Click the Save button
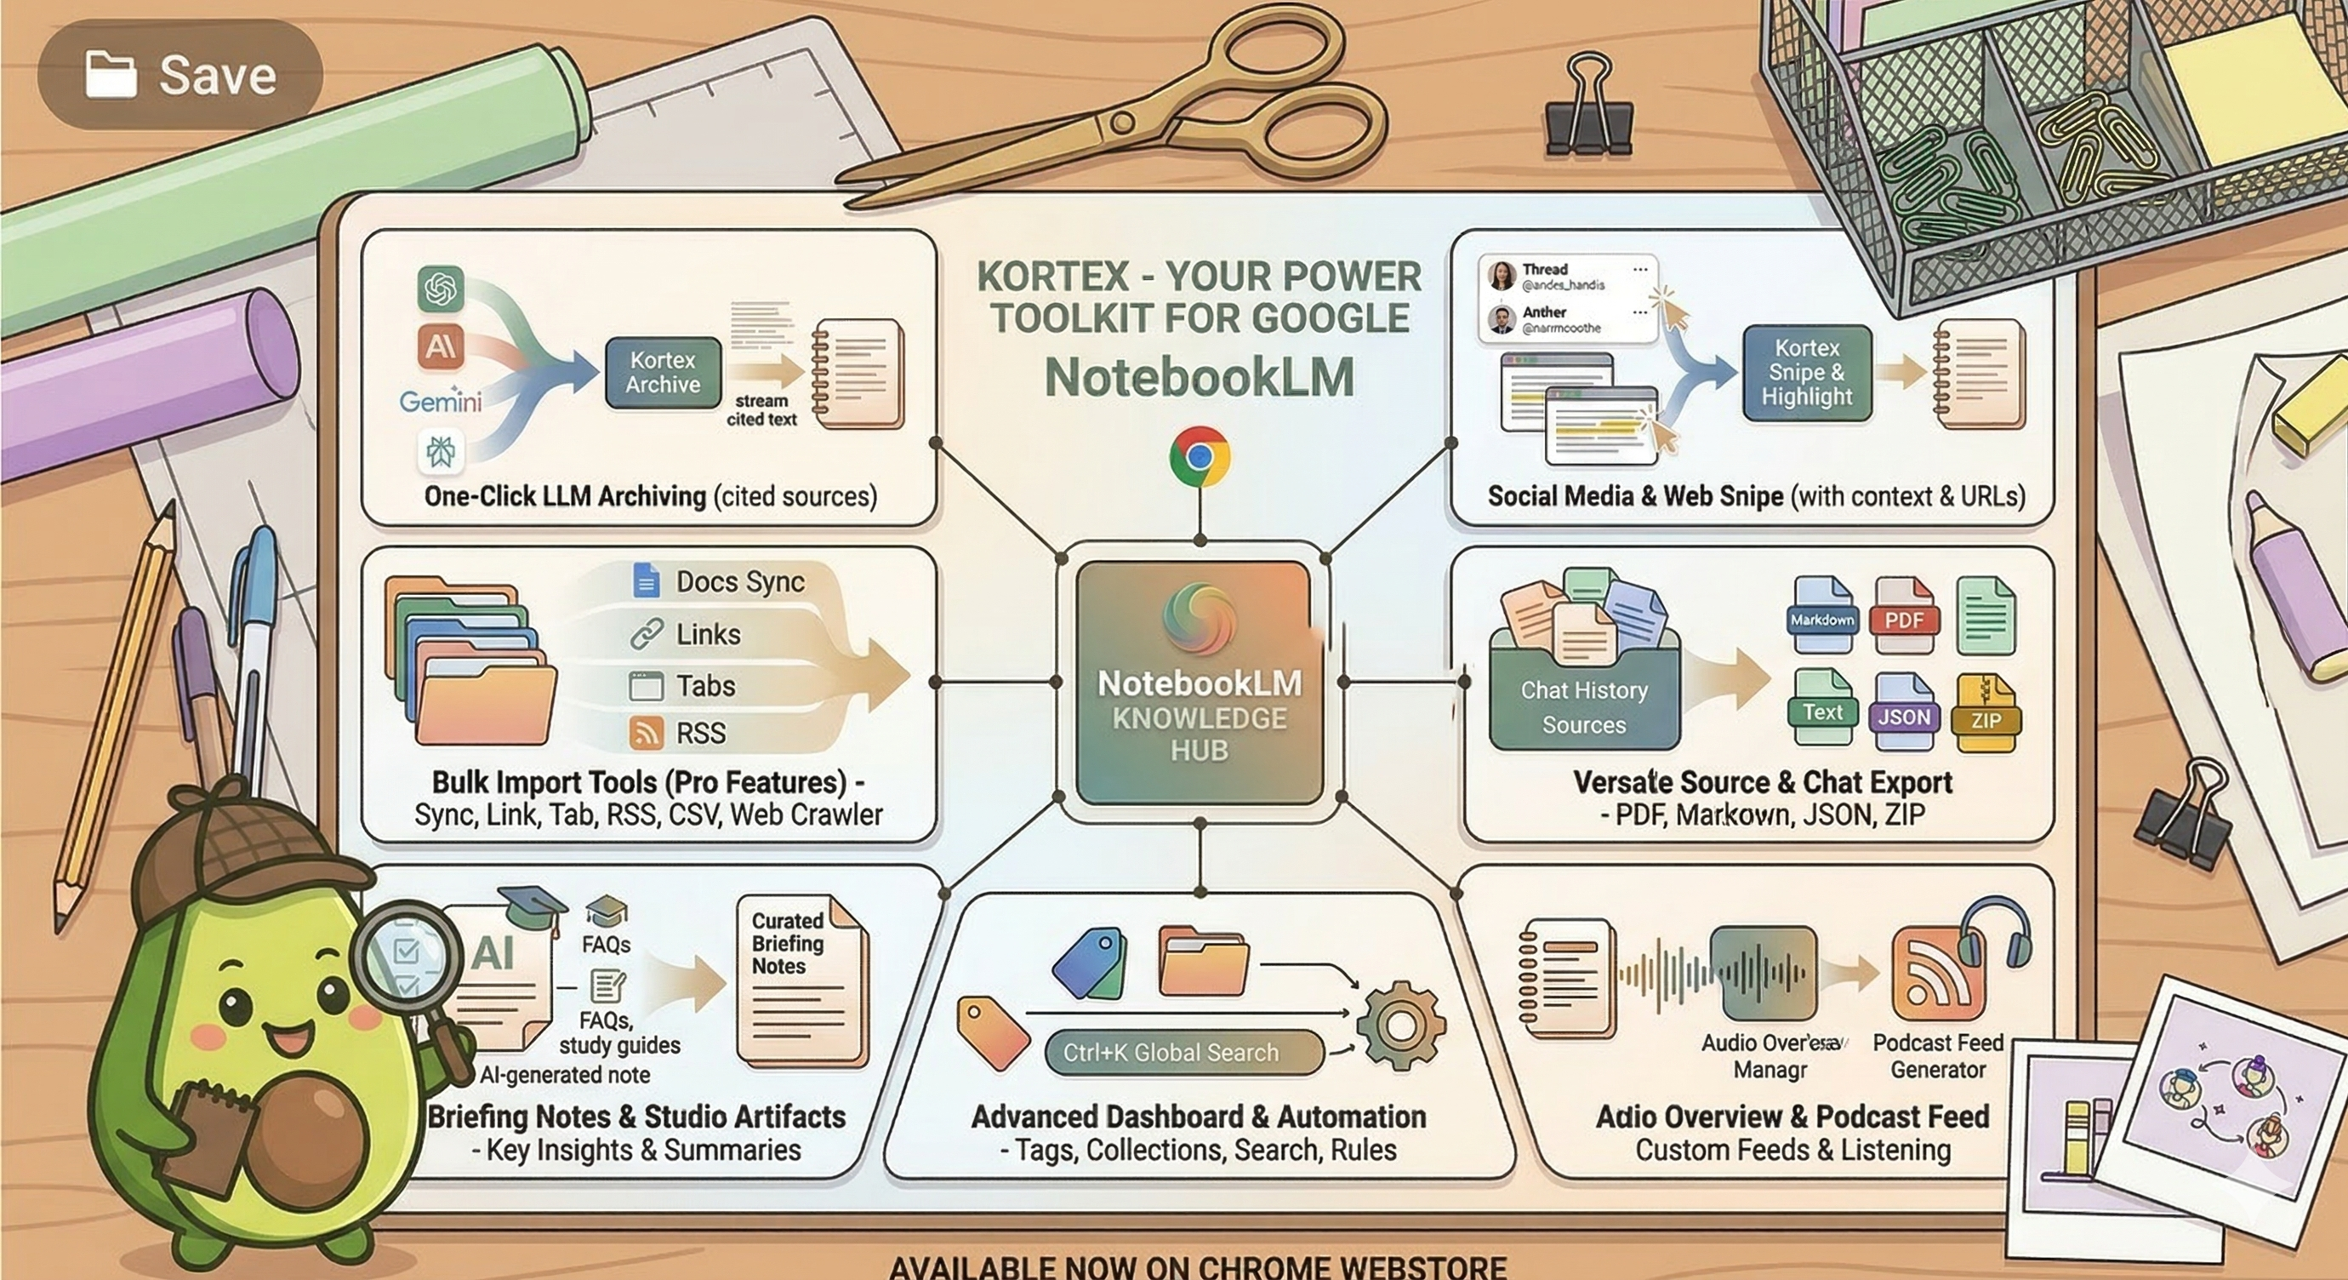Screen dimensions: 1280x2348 point(180,75)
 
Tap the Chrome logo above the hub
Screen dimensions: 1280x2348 point(1200,457)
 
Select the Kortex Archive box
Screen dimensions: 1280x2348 point(663,373)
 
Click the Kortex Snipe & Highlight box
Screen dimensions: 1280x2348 point(1807,373)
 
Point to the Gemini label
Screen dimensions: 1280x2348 point(441,401)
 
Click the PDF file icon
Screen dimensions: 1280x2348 point(1904,616)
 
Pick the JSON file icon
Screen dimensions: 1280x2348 point(1903,713)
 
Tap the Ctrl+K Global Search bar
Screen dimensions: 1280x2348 point(1183,1053)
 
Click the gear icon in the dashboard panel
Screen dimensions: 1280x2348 point(1400,1026)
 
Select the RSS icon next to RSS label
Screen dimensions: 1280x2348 point(647,733)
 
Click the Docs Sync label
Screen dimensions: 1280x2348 point(739,581)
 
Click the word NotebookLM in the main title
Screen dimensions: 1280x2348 point(1200,376)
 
